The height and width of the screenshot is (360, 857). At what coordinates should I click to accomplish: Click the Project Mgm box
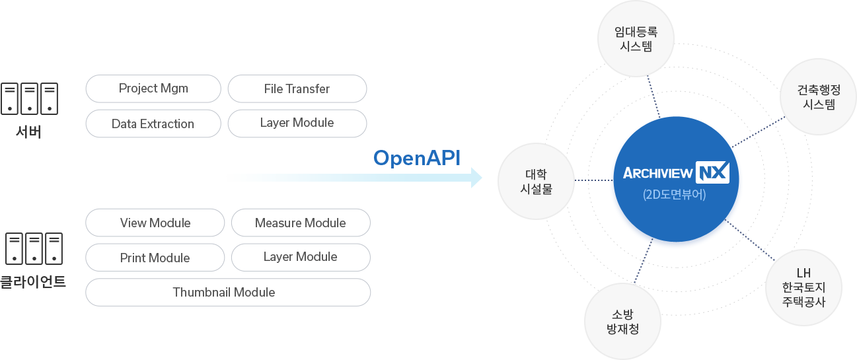pyautogui.click(x=153, y=89)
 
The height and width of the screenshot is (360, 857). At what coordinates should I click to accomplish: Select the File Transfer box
pyautogui.click(x=297, y=89)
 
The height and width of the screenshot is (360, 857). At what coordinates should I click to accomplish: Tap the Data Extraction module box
pyautogui.click(x=153, y=124)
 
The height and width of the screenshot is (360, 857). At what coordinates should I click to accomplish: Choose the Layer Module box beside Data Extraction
pyautogui.click(x=297, y=123)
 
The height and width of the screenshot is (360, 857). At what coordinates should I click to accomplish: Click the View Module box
pyautogui.click(x=155, y=223)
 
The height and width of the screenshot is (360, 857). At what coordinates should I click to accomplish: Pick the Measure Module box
pyautogui.click(x=301, y=223)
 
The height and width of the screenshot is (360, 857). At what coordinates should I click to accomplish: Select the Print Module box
pyautogui.click(x=155, y=258)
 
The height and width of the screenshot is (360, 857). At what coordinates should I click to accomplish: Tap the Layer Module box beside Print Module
pyautogui.click(x=301, y=257)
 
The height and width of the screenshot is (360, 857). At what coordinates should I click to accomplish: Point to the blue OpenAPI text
pyautogui.click(x=416, y=159)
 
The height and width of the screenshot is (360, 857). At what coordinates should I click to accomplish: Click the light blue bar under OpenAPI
pyautogui.click(x=354, y=178)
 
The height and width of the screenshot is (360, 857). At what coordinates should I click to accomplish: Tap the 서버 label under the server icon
pyautogui.click(x=29, y=132)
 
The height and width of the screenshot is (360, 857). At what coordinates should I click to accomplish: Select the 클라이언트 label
pyautogui.click(x=33, y=282)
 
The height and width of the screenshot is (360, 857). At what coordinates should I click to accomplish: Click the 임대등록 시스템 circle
pyautogui.click(x=636, y=39)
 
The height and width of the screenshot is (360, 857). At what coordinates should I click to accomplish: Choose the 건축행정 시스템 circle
pyautogui.click(x=819, y=96)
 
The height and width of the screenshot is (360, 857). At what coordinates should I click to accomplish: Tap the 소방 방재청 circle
pyautogui.click(x=622, y=322)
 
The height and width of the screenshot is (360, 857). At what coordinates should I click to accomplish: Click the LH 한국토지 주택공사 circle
pyautogui.click(x=803, y=287)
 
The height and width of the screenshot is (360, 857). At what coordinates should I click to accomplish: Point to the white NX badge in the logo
pyautogui.click(x=712, y=173)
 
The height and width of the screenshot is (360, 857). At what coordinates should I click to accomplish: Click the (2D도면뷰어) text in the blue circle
pyautogui.click(x=674, y=195)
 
